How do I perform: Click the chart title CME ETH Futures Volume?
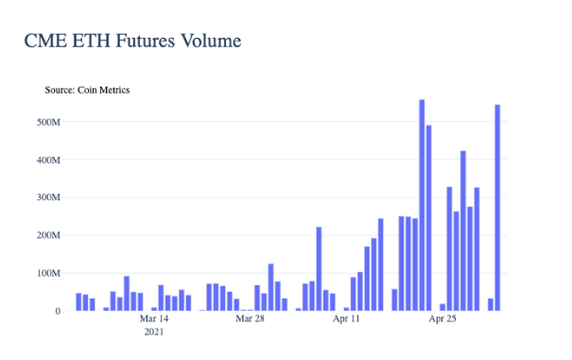(132, 41)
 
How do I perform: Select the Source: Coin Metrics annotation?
(87, 90)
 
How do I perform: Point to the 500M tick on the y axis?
(48, 122)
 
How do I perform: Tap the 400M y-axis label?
(48, 160)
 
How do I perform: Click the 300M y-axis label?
(48, 197)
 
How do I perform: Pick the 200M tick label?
(48, 235)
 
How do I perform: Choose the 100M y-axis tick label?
(48, 273)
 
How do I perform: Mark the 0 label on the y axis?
(58, 311)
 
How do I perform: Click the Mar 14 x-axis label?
(154, 318)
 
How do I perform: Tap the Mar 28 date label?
(250, 318)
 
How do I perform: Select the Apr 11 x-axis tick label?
(346, 318)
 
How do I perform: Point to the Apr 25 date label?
(442, 318)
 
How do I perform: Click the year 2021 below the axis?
(154, 332)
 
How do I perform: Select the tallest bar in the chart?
(422, 205)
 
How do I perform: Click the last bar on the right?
(497, 208)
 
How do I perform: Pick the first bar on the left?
(78, 302)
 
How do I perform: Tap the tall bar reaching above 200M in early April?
(319, 268)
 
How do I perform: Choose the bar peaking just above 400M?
(463, 231)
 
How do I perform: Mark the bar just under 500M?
(428, 218)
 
